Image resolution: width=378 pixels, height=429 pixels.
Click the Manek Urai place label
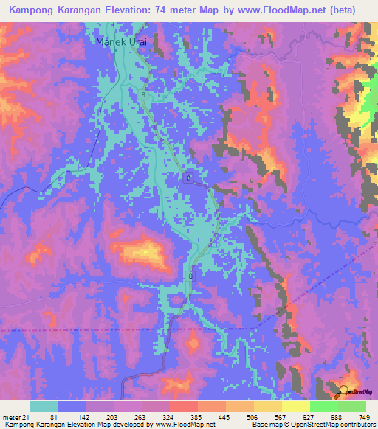(x=122, y=42)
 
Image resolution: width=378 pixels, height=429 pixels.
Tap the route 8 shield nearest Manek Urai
(x=143, y=95)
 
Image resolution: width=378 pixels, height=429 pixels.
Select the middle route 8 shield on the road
(x=188, y=179)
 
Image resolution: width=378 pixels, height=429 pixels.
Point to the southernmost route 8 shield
(x=191, y=276)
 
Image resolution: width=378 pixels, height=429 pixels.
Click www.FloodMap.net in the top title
(x=289, y=10)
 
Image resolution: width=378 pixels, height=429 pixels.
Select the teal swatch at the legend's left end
(x=44, y=406)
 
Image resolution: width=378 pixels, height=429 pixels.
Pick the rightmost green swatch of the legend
(x=351, y=406)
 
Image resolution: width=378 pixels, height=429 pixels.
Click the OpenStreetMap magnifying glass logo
(x=343, y=391)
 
